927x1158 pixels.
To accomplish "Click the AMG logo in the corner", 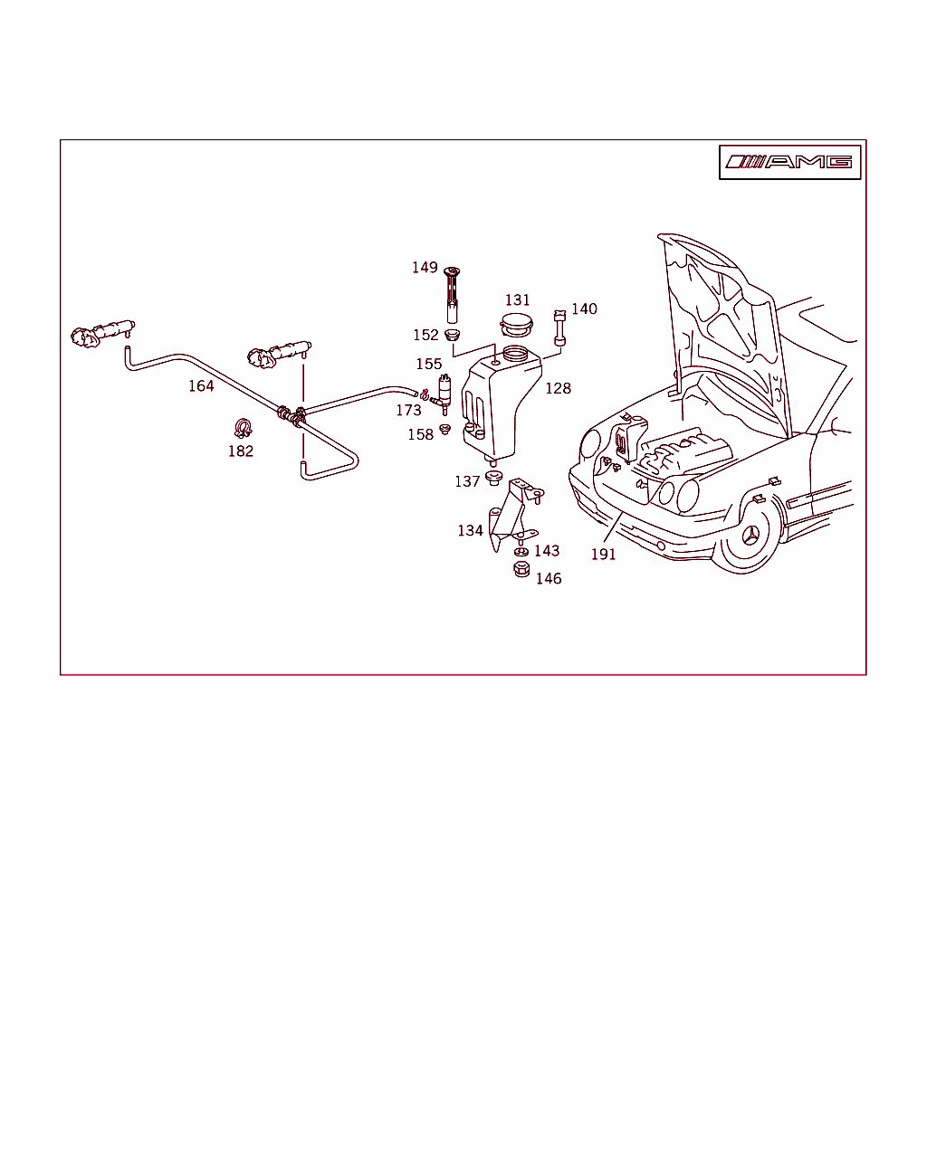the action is [x=789, y=161].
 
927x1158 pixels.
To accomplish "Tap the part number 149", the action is [x=425, y=268].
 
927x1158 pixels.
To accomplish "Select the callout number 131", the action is [x=517, y=299].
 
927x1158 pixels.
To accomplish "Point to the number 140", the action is [x=584, y=308].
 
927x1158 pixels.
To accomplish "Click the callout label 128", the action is [x=558, y=388].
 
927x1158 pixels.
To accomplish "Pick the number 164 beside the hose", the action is [x=201, y=385].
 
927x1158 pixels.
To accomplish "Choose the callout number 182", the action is [x=240, y=451].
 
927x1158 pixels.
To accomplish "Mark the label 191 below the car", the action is [x=603, y=555].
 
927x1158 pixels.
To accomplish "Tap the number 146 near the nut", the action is [x=549, y=578].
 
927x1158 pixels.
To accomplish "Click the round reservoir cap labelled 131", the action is [x=516, y=325].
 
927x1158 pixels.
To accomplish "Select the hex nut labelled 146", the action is [x=521, y=569].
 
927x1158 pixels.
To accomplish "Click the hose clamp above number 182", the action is [x=243, y=428].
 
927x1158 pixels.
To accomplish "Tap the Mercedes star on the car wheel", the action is [x=750, y=535].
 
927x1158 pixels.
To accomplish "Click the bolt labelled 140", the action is [x=559, y=327].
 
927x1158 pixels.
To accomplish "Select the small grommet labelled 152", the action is [x=452, y=335].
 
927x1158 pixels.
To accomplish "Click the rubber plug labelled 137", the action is [x=493, y=478].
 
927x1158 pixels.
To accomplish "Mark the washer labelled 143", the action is [x=521, y=552].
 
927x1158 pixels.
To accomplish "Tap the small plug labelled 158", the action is [x=444, y=429].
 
